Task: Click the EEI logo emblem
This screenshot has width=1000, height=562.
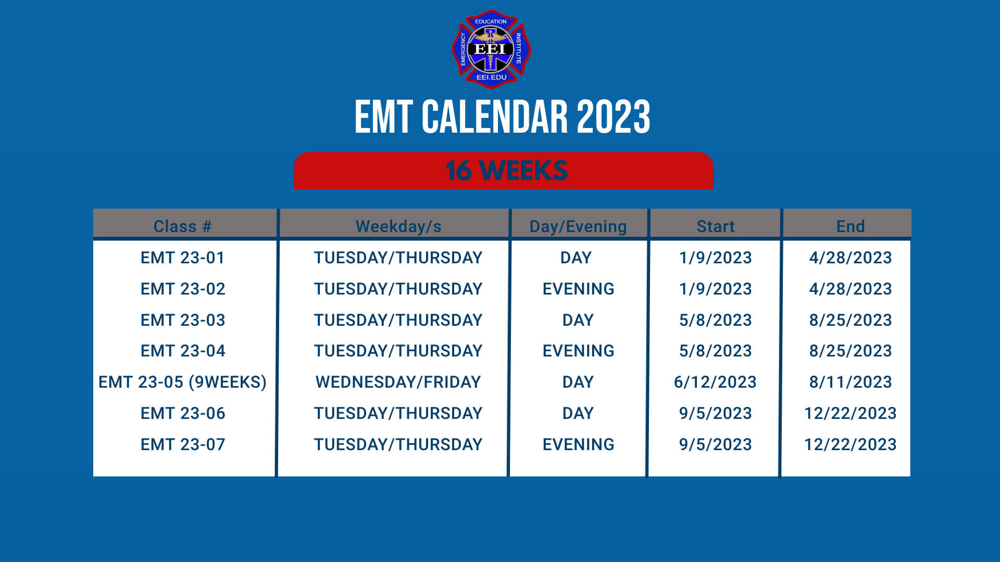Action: pyautogui.click(x=491, y=49)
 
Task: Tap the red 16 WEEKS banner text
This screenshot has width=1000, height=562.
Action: pyautogui.click(x=506, y=171)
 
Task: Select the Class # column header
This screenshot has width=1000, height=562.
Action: pyautogui.click(x=182, y=226)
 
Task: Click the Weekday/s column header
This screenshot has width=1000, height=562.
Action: pyautogui.click(x=398, y=226)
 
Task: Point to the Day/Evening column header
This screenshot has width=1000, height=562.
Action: pyautogui.click(x=578, y=226)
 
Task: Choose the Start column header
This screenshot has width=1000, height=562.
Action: pyautogui.click(x=715, y=226)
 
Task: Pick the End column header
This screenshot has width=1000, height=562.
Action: pyautogui.click(x=850, y=226)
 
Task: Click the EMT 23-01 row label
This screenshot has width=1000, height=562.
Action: pyautogui.click(x=182, y=258)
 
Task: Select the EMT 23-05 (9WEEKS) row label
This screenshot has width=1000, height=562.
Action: pyautogui.click(x=182, y=382)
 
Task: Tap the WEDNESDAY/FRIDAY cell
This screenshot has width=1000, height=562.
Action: pyautogui.click(x=398, y=382)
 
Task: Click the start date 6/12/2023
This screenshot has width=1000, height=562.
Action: pyautogui.click(x=715, y=382)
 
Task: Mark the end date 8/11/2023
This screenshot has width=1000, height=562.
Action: pyautogui.click(x=850, y=382)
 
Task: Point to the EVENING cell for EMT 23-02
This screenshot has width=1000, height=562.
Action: pyautogui.click(x=578, y=289)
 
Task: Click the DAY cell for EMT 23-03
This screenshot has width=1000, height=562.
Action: pyautogui.click(x=578, y=320)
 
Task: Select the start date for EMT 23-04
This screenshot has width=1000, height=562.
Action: pyautogui.click(x=715, y=351)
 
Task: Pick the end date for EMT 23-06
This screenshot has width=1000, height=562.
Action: pyautogui.click(x=850, y=413)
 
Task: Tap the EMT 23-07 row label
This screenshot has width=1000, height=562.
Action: pyautogui.click(x=182, y=444)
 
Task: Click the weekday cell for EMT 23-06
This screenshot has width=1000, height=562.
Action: pyautogui.click(x=398, y=413)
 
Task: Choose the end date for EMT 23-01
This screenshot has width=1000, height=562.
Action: pyautogui.click(x=850, y=258)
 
